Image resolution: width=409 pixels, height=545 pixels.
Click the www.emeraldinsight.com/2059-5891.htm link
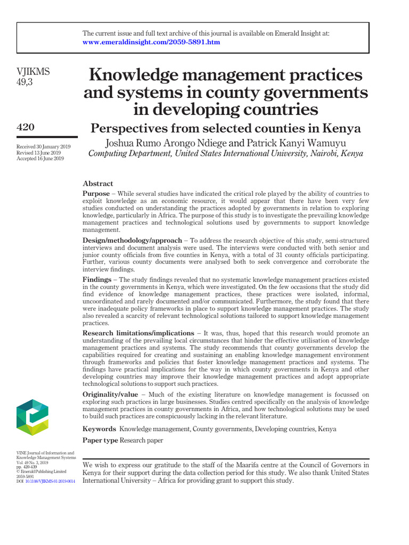[151, 42]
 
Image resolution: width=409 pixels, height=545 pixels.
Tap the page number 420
[26, 127]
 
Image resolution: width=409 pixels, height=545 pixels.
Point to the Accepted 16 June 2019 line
[40, 158]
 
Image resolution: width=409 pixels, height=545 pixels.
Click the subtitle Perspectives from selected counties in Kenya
[226, 128]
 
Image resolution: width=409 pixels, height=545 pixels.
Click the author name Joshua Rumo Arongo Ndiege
[166, 143]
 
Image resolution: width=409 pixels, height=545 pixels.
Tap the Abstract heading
[98, 183]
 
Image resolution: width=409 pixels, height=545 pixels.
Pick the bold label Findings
[97, 279]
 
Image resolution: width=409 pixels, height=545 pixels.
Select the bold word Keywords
[99, 429]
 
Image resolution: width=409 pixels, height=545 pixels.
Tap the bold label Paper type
[100, 441]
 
